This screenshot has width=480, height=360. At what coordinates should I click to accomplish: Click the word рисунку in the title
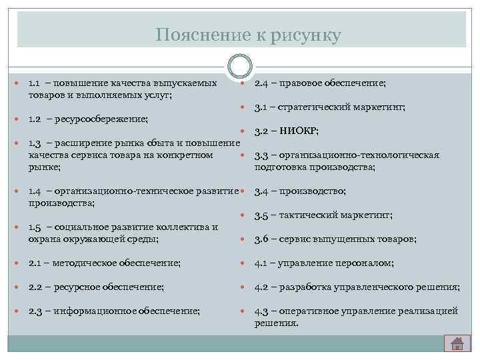(305, 35)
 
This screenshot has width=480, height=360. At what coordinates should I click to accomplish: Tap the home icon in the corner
(457, 343)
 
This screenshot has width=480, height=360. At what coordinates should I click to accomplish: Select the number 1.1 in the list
(35, 83)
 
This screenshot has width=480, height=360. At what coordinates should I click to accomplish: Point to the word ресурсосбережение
(102, 119)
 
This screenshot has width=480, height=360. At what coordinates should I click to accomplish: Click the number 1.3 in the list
(35, 143)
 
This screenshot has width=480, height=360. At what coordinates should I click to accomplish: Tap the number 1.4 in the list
(35, 191)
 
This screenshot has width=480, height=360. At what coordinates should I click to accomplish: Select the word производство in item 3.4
(313, 192)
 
